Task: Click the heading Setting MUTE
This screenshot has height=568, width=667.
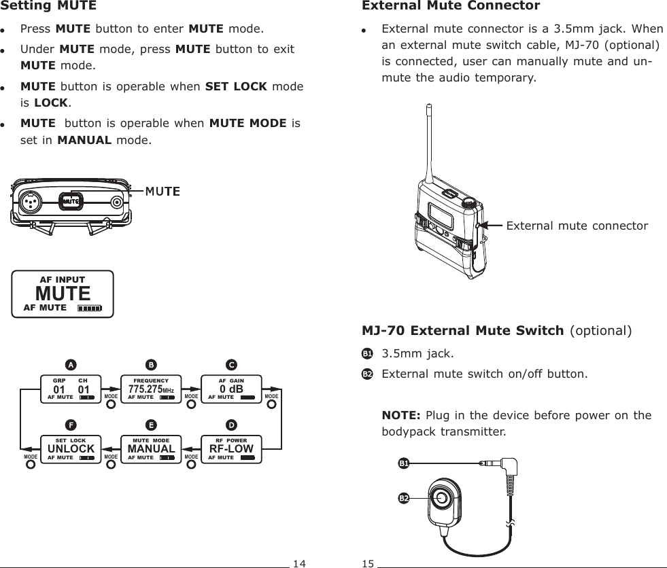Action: (x=49, y=6)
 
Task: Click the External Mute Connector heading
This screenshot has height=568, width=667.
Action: (x=451, y=6)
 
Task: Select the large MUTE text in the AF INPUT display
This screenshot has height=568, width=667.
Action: (x=63, y=294)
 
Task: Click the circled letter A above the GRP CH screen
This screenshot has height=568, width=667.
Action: (x=70, y=363)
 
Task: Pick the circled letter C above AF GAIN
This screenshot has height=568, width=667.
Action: (x=231, y=363)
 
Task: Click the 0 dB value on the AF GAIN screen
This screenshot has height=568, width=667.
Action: (x=231, y=389)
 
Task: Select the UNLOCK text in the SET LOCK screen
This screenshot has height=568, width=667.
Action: (x=70, y=449)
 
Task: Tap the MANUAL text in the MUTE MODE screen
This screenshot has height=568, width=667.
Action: (x=151, y=449)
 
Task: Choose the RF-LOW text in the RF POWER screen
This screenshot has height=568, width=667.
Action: (x=231, y=449)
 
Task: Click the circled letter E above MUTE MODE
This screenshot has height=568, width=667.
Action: (x=151, y=425)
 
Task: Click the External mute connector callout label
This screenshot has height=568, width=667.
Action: (x=577, y=226)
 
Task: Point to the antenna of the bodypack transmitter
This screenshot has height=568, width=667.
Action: (x=429, y=143)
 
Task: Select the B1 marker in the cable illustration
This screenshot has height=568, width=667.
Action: (x=404, y=463)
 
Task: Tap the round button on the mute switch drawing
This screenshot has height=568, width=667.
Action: (x=442, y=498)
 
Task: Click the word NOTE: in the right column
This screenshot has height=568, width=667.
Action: (x=401, y=415)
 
